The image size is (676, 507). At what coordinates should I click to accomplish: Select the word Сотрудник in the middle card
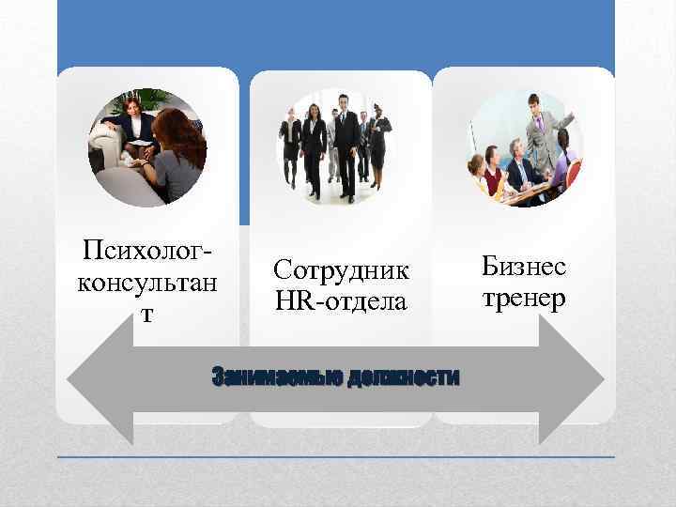pyautogui.click(x=342, y=270)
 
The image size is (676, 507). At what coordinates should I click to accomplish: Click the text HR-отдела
pyautogui.click(x=341, y=301)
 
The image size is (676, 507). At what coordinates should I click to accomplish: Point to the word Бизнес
pyautogui.click(x=524, y=268)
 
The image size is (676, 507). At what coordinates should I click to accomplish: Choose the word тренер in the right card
pyautogui.click(x=524, y=299)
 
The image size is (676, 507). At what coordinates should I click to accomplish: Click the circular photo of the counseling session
pyautogui.click(x=146, y=147)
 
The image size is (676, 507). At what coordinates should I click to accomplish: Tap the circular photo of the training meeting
pyautogui.click(x=525, y=147)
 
